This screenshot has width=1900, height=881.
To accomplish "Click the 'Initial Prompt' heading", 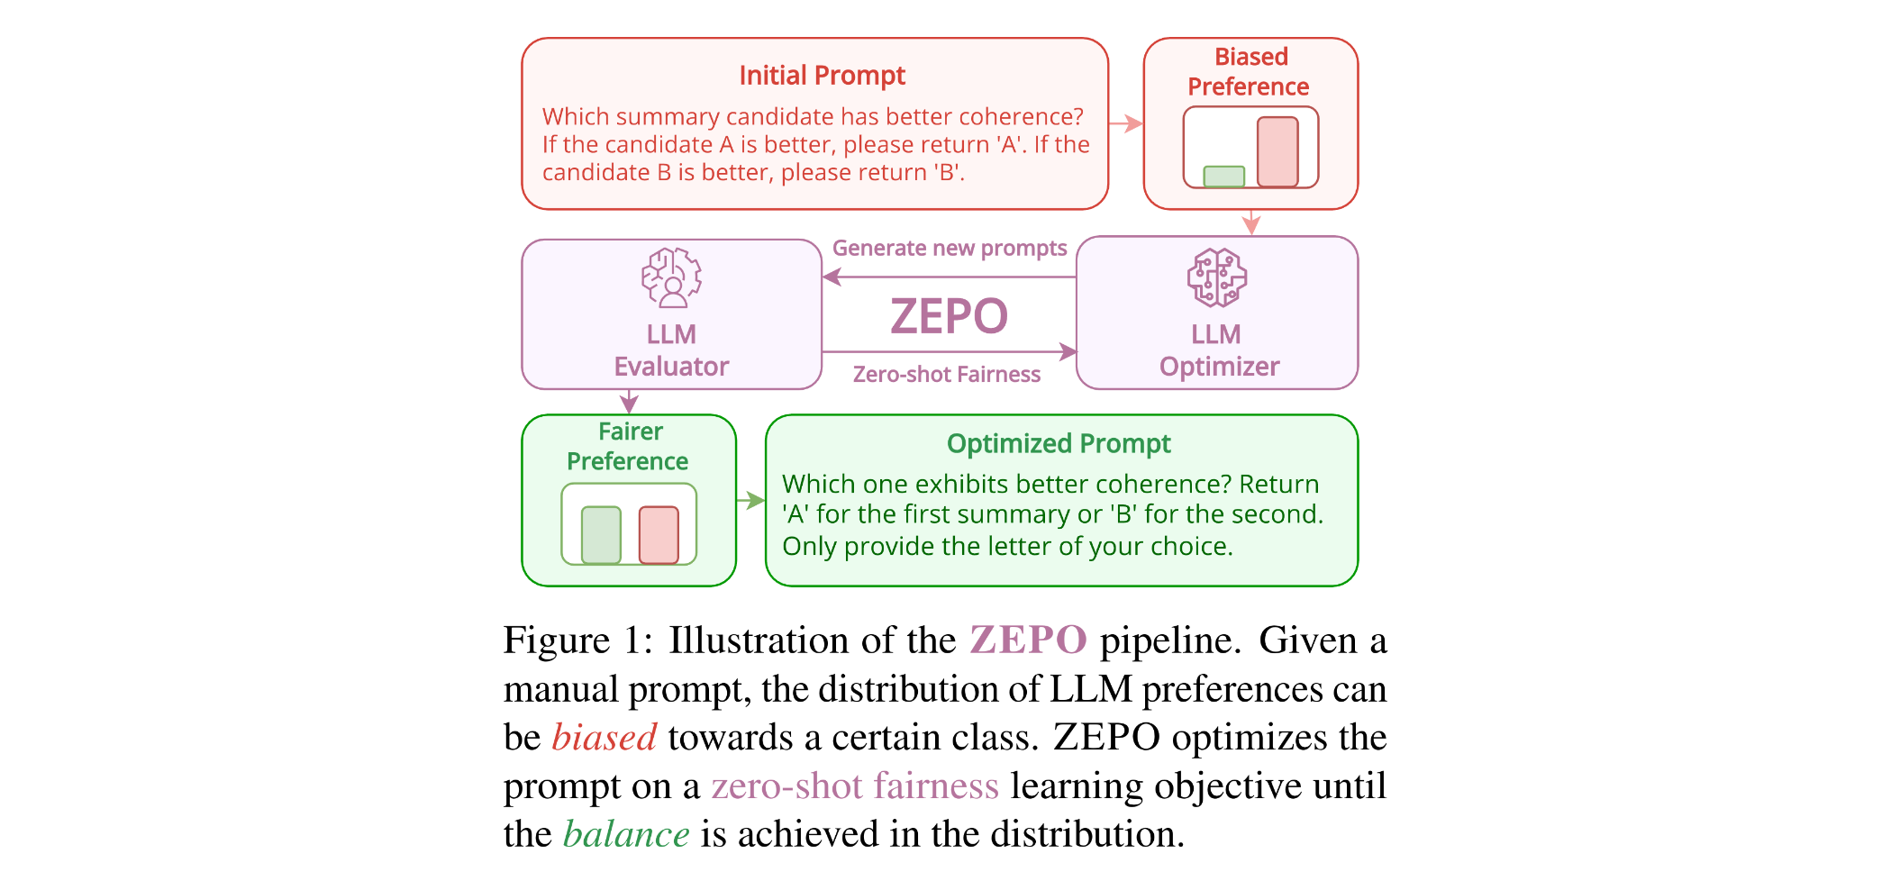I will coord(822,76).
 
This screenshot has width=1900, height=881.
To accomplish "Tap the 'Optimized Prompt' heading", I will coord(1058,443).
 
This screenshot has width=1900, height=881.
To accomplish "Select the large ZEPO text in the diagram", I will coord(949,316).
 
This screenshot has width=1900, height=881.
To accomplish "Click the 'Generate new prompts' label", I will coord(949,248).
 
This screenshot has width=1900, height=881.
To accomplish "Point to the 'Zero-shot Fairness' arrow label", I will coord(946,374).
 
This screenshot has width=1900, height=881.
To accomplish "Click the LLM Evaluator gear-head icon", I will coord(671,277).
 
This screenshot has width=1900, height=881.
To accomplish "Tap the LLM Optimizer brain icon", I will coord(1216,277).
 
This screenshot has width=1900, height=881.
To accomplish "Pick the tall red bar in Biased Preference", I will coord(1277,151).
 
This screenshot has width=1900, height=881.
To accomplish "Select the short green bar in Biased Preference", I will coord(1223,176).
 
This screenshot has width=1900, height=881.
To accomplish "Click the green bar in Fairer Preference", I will coord(601,535).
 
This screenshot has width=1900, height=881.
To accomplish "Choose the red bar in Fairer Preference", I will coord(659,535).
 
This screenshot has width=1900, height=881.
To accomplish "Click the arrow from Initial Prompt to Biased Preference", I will coord(1126,123).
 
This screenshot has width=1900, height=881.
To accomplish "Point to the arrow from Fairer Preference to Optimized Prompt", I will coord(750,501).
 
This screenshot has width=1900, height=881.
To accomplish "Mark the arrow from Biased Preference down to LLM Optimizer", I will coord(1250,223).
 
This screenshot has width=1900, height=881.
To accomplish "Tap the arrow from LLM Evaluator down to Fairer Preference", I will coord(629,402).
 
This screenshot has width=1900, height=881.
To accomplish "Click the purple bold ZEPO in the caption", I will coord(1028,640).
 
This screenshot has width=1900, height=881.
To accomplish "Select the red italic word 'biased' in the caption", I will coord(604,738).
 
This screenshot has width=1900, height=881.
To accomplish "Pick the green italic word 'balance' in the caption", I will coord(626,834).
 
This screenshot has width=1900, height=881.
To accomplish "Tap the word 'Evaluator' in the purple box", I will coord(671,367).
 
